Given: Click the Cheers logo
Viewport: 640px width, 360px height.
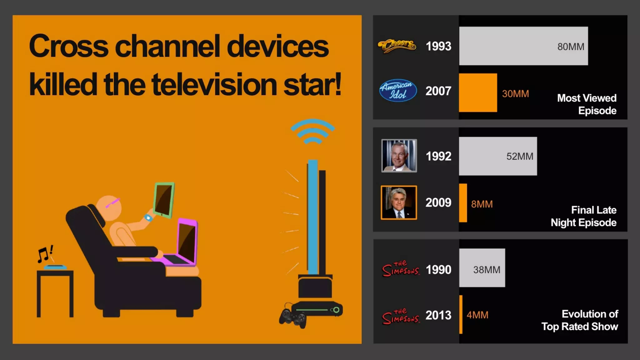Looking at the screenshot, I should click(x=397, y=46).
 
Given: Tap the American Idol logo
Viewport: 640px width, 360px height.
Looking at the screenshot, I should click(x=398, y=91).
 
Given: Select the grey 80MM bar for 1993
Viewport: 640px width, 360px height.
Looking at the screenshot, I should click(x=523, y=46).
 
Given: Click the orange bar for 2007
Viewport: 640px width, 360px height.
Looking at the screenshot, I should click(x=478, y=93).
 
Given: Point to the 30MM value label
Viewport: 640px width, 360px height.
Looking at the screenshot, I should click(x=515, y=94).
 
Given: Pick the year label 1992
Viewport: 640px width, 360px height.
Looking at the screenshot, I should click(x=438, y=156).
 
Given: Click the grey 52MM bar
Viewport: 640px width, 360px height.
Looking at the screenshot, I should click(x=498, y=156).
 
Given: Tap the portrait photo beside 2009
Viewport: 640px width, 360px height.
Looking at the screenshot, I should click(x=399, y=203).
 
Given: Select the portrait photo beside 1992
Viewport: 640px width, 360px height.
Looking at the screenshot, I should click(x=399, y=156).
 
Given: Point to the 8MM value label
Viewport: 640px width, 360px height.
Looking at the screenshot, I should click(x=482, y=204).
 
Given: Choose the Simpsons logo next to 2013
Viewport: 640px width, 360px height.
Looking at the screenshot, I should click(x=401, y=317).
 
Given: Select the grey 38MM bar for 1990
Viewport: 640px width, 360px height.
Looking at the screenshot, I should click(x=482, y=268).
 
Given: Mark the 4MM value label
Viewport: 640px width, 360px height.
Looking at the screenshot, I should click(x=477, y=315).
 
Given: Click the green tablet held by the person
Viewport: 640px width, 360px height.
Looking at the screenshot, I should click(x=164, y=200).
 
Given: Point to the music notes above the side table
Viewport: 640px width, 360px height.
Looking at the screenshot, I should click(x=45, y=253).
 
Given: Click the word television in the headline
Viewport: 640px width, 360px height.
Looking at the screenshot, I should click(x=214, y=85).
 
